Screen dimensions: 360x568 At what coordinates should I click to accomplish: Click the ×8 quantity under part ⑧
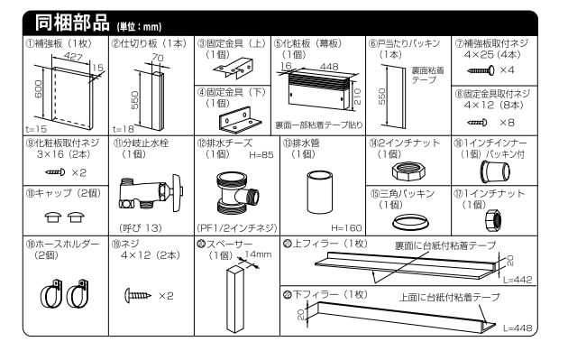(x=508, y=122)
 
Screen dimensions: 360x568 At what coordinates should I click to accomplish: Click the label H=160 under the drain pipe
(x=348, y=226)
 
